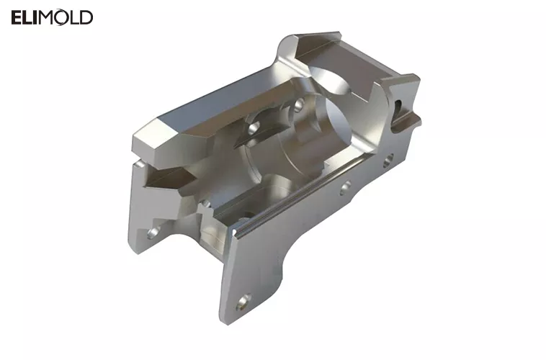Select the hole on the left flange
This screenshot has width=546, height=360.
[153, 233]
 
